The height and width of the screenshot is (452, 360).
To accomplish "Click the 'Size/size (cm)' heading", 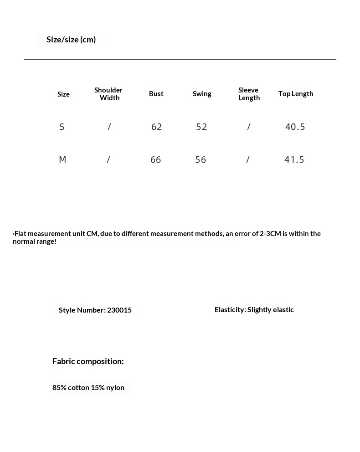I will tap(71, 40).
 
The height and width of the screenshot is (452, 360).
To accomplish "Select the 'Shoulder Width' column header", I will tap(108, 94).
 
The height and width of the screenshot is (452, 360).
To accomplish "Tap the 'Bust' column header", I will tap(156, 93).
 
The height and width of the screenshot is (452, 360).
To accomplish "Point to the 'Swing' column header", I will tap(202, 93).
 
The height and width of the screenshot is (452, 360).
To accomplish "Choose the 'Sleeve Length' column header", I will tap(249, 94).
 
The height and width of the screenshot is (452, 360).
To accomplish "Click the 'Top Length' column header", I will tap(296, 93).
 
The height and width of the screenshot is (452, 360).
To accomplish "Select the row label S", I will tap(62, 127).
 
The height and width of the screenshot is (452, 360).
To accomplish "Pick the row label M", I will tap(62, 159).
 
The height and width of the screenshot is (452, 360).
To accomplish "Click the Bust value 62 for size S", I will tap(156, 127).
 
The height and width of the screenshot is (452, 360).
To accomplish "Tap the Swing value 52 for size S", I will tap(201, 127).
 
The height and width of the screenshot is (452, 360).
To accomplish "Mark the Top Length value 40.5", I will tap(295, 127).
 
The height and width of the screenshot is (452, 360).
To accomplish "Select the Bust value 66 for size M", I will tap(155, 159).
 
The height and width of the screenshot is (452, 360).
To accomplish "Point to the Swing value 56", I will tap(201, 159).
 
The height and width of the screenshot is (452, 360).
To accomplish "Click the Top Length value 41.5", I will tap(294, 159).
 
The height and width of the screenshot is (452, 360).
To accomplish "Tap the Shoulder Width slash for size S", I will tap(109, 127).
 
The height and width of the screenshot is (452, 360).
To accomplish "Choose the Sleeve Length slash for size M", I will tap(248, 159).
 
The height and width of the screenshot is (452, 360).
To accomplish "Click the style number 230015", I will tap(119, 310).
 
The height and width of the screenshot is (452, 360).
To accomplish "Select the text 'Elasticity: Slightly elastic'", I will tap(254, 309).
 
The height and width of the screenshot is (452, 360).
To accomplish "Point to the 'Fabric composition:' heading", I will tap(88, 361).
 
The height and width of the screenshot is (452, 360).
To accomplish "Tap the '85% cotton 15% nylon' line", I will tap(88, 387).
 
